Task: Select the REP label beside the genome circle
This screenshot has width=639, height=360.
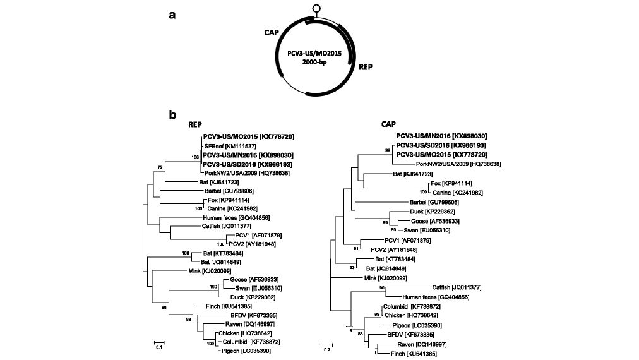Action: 366,66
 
